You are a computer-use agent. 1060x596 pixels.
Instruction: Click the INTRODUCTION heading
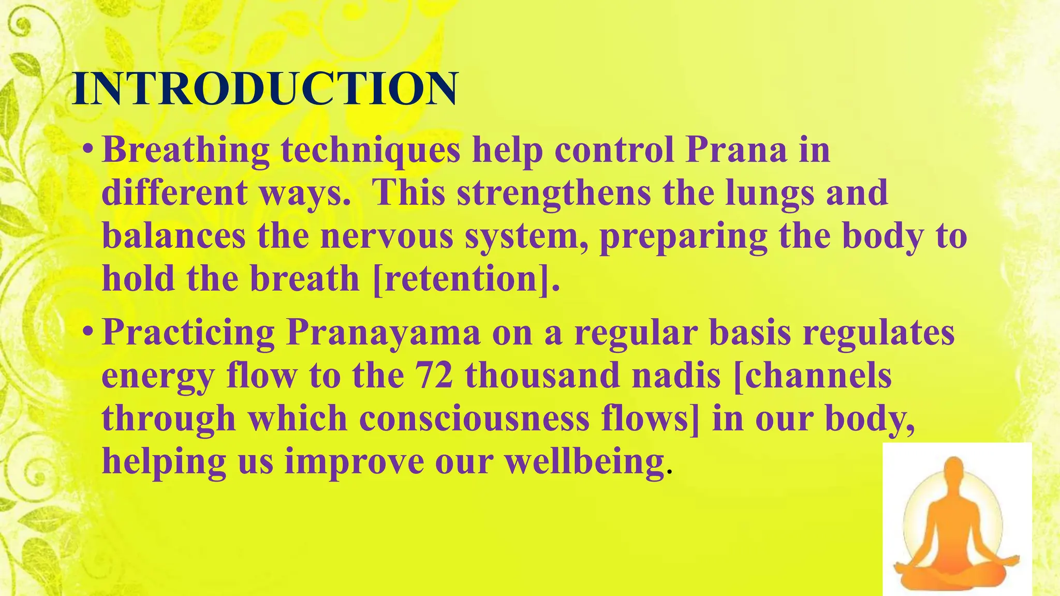point(265,89)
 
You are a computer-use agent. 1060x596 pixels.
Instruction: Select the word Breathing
point(186,151)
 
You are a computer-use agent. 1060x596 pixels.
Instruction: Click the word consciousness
point(474,418)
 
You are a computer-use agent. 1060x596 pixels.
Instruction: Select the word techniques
point(371,151)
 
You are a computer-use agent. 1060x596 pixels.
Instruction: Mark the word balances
point(174,235)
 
